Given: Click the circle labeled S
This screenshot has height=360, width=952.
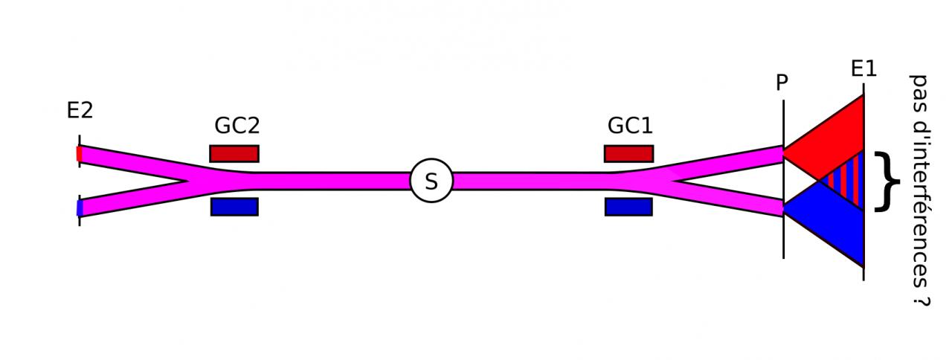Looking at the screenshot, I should pyautogui.click(x=431, y=181).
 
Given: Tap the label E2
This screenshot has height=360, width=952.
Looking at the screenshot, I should pyautogui.click(x=80, y=111).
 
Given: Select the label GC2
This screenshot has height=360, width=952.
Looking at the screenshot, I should pyautogui.click(x=237, y=126).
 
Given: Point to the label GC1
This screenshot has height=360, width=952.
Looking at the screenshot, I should pyautogui.click(x=629, y=126).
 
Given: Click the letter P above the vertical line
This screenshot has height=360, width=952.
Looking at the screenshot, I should pyautogui.click(x=782, y=83).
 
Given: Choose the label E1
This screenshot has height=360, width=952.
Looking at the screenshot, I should pyautogui.click(x=863, y=69).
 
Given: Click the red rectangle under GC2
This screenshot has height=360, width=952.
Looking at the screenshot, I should pyautogui.click(x=234, y=154).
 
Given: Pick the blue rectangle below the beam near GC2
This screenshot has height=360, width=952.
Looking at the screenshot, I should pyautogui.click(x=234, y=207).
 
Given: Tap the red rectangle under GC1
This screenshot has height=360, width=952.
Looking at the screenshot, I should pyautogui.click(x=628, y=154).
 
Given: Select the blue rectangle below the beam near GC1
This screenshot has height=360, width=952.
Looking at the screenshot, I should pyautogui.click(x=628, y=207).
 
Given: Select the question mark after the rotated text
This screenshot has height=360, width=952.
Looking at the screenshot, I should pyautogui.click(x=920, y=298).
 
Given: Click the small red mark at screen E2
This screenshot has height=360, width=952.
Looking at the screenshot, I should pyautogui.click(x=79, y=154).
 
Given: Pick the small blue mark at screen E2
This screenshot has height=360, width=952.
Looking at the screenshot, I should pyautogui.click(x=79, y=208).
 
